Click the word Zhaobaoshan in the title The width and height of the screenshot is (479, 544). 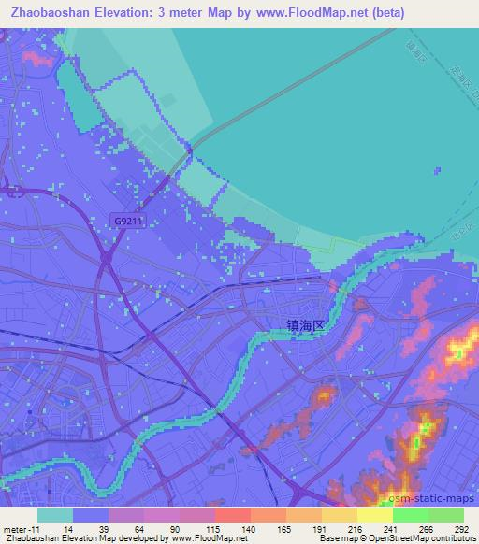point(46,12)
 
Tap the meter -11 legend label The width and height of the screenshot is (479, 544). point(20,528)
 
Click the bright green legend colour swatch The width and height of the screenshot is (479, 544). point(411,515)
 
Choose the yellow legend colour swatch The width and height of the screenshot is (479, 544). point(374,515)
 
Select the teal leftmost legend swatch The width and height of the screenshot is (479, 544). point(55,515)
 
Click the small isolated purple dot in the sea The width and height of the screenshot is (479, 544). point(437,169)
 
